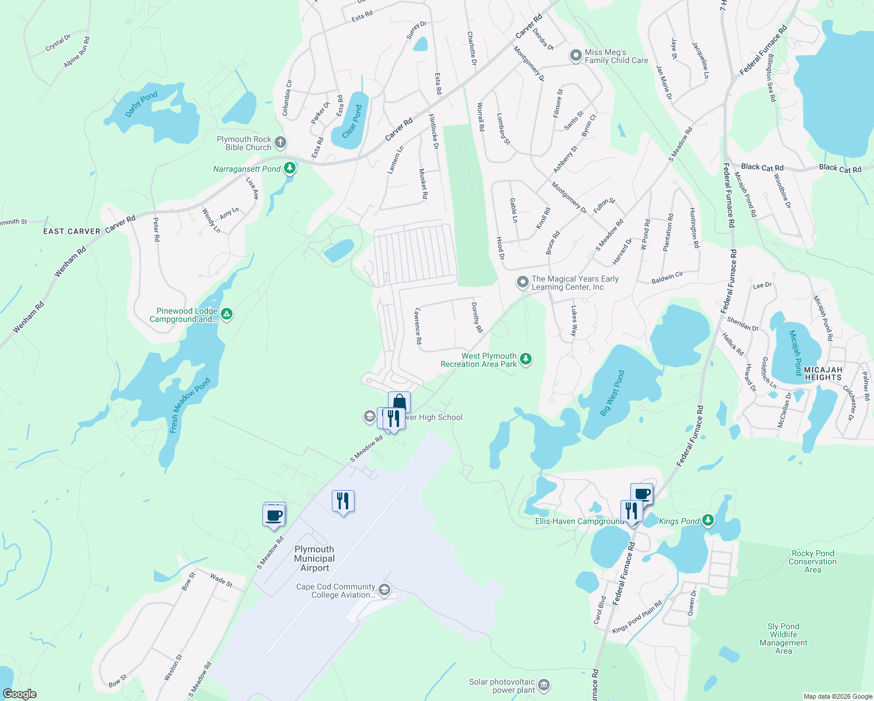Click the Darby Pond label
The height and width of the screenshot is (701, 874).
(141, 104)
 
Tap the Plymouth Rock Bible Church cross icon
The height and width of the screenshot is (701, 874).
(280, 143)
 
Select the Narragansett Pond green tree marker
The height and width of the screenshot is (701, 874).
(289, 169)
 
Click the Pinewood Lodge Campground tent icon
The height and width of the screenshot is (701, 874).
(227, 314)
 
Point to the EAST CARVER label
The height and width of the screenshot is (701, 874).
(72, 231)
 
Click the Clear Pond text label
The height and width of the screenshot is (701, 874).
(352, 122)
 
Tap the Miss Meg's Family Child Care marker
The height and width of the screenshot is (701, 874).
(575, 56)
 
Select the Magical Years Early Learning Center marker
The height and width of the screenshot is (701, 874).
(522, 283)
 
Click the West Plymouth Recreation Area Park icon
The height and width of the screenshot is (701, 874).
(526, 359)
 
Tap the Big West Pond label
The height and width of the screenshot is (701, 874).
(612, 393)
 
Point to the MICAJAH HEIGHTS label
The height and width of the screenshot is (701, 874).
(823, 373)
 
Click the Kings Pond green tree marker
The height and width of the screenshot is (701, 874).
(708, 520)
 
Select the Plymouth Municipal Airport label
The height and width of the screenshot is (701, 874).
(314, 558)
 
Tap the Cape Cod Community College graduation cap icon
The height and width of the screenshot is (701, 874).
(384, 589)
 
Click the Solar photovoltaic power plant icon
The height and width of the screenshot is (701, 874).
(544, 685)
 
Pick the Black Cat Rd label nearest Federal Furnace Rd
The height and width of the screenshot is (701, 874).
(762, 167)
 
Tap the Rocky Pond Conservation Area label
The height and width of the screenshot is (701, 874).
(813, 561)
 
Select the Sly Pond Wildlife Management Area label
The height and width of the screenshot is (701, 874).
(783, 638)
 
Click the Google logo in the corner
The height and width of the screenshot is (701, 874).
(20, 694)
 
